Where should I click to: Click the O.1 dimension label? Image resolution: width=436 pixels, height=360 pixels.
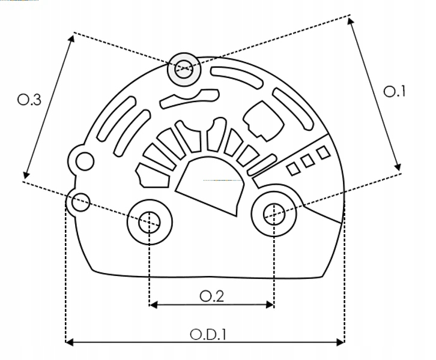click(x=395, y=91)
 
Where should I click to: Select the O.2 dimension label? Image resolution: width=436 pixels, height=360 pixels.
click(x=211, y=296)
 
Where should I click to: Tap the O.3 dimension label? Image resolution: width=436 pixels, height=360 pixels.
click(x=29, y=100)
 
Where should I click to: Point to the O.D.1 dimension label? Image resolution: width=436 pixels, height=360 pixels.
click(x=208, y=334)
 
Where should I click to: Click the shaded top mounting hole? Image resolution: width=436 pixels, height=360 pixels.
click(x=184, y=69)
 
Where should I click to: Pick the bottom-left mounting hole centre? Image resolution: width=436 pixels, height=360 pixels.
click(x=150, y=222)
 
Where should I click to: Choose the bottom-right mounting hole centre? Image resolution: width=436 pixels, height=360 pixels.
click(x=274, y=214)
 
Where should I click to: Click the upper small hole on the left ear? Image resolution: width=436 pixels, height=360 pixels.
click(x=85, y=161)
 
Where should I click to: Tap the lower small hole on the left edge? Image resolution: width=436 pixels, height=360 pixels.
click(x=80, y=202)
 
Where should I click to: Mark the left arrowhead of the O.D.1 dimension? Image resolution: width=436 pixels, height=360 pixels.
click(x=69, y=342)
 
